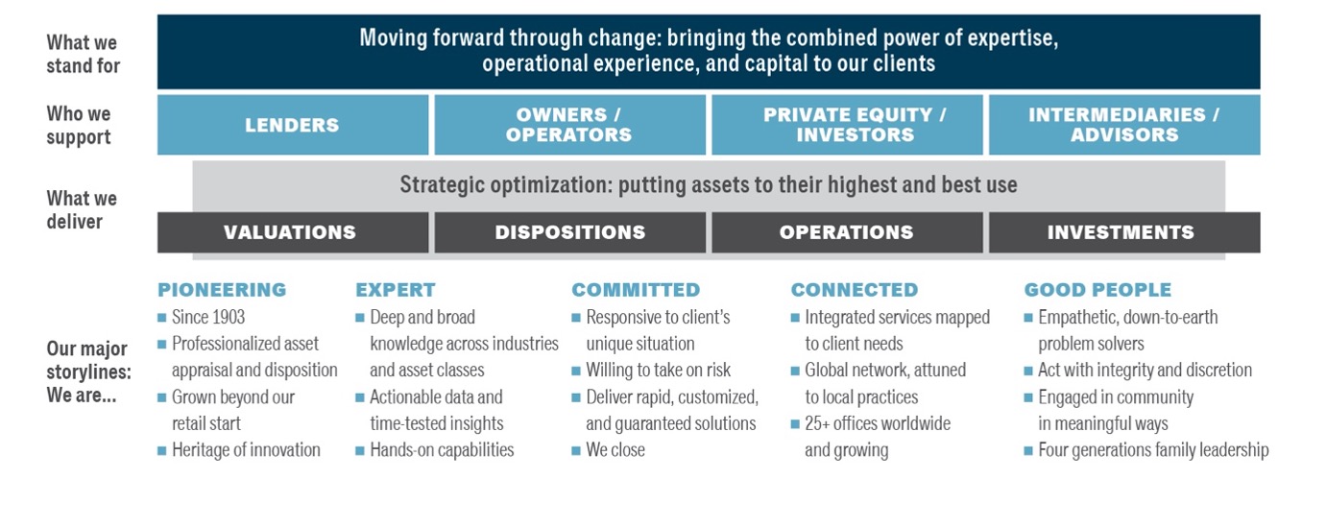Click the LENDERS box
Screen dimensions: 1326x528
(x=293, y=125)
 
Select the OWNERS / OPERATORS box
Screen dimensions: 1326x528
(x=569, y=125)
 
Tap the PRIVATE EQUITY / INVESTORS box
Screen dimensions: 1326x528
(x=847, y=125)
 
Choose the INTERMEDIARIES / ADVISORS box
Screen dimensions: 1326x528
(x=1124, y=125)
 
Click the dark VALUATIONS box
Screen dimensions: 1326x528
(x=293, y=232)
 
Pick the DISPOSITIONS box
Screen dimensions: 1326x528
(x=569, y=232)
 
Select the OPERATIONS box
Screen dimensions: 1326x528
(x=847, y=232)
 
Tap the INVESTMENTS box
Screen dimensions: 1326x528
(x=1124, y=232)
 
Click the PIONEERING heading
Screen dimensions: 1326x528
(x=222, y=290)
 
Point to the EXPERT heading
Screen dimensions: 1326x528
(x=396, y=290)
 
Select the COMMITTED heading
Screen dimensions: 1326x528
(x=636, y=290)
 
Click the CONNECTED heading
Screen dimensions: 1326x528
(x=855, y=290)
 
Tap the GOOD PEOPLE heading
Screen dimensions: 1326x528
(x=1098, y=290)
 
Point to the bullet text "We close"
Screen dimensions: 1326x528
(x=615, y=450)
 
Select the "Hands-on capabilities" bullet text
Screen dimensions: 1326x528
(x=442, y=450)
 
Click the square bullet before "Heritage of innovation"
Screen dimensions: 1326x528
(x=161, y=451)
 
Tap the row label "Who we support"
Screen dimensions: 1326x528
(x=79, y=125)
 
